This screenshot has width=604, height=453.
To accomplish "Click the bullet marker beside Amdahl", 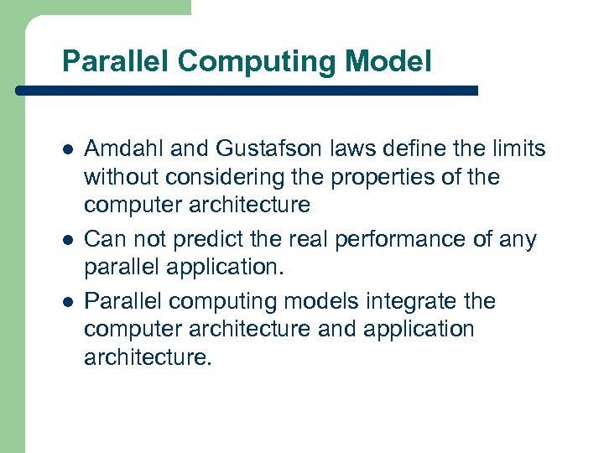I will click(67, 150).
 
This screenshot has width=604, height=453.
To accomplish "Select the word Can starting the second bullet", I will click(103, 240).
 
